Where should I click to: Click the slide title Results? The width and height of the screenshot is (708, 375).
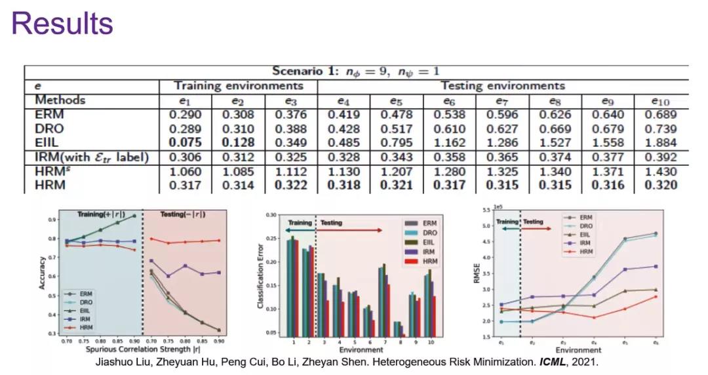coord(62,24)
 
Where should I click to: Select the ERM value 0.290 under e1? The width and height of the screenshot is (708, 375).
coord(186,114)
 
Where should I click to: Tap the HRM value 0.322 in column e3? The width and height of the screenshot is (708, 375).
coord(292,186)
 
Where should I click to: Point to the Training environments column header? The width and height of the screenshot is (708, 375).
coord(239,86)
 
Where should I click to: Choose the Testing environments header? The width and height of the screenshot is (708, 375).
coord(503,86)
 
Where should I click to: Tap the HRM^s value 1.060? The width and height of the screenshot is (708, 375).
coord(186,172)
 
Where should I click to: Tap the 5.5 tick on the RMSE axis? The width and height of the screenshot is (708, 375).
coord(486,210)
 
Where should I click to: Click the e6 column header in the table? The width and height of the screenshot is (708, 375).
coord(449,101)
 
